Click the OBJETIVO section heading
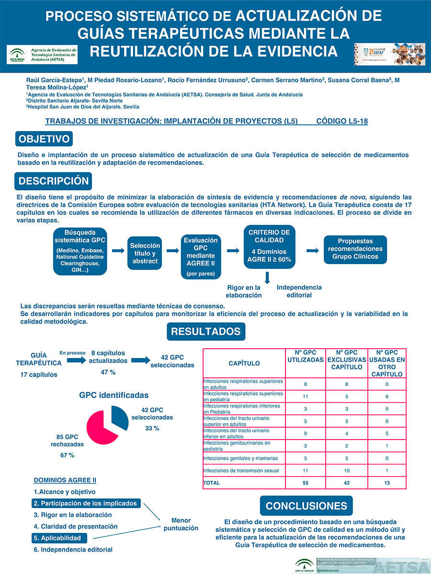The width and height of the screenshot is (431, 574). (x=44, y=140)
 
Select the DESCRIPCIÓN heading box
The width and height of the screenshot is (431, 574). (x=54, y=181)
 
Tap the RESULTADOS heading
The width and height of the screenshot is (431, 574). (x=206, y=331)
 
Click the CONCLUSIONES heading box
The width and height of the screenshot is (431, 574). (x=306, y=506)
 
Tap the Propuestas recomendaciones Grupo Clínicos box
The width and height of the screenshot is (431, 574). (x=355, y=249)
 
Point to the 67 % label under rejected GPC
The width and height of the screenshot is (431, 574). (x=68, y=455)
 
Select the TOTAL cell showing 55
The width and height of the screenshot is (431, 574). (x=306, y=483)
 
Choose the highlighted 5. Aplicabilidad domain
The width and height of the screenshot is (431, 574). (x=60, y=538)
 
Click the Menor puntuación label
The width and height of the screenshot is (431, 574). (x=181, y=524)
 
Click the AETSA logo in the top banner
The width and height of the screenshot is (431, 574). (x=42, y=54)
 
